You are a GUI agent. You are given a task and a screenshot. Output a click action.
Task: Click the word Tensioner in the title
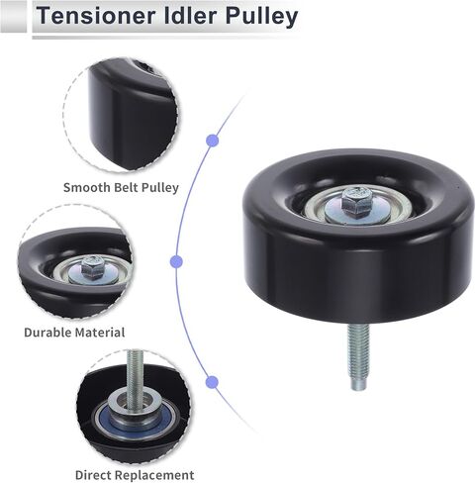[x=96, y=16]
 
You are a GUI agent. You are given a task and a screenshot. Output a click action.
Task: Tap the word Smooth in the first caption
[x=87, y=187]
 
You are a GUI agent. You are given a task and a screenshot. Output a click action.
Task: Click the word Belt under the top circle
[x=126, y=187]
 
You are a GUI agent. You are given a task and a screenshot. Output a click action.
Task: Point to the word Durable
[x=48, y=333]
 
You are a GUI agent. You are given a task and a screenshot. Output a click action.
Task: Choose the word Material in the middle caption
[x=99, y=333]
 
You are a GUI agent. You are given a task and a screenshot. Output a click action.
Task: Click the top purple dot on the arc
[x=212, y=141]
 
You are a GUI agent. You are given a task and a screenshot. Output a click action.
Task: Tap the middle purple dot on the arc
[x=176, y=261]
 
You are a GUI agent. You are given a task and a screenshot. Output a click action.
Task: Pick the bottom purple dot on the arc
[x=212, y=382]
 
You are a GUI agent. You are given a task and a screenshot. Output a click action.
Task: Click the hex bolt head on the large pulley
[x=356, y=200]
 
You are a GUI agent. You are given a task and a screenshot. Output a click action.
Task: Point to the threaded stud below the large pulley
[x=359, y=356]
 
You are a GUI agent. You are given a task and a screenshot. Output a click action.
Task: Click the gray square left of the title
[x=13, y=17]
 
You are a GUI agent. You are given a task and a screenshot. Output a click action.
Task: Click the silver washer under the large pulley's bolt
[x=358, y=211]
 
